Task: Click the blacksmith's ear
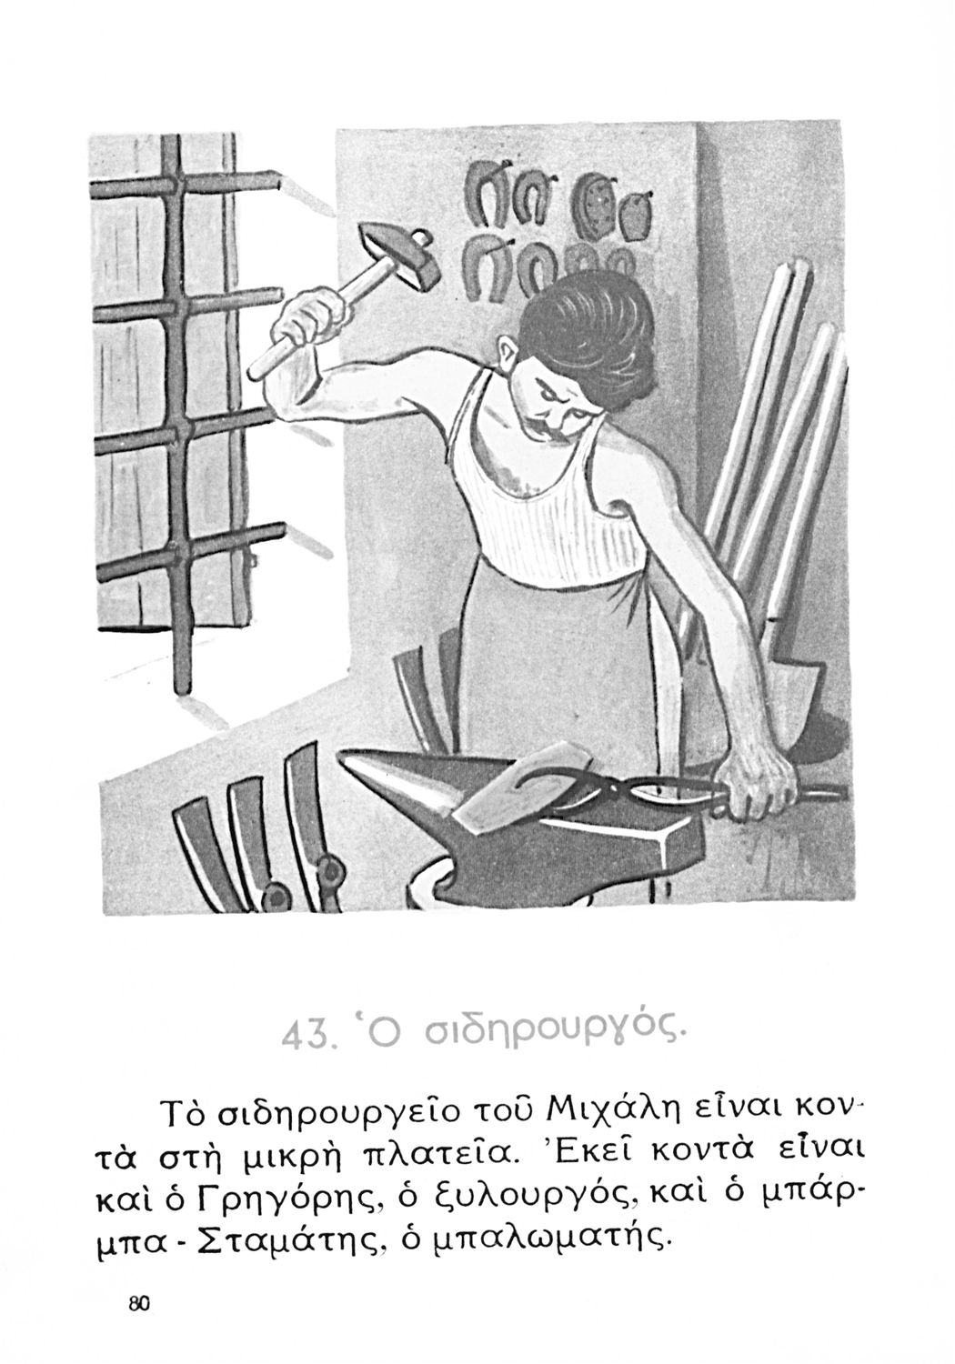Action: point(507,356)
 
